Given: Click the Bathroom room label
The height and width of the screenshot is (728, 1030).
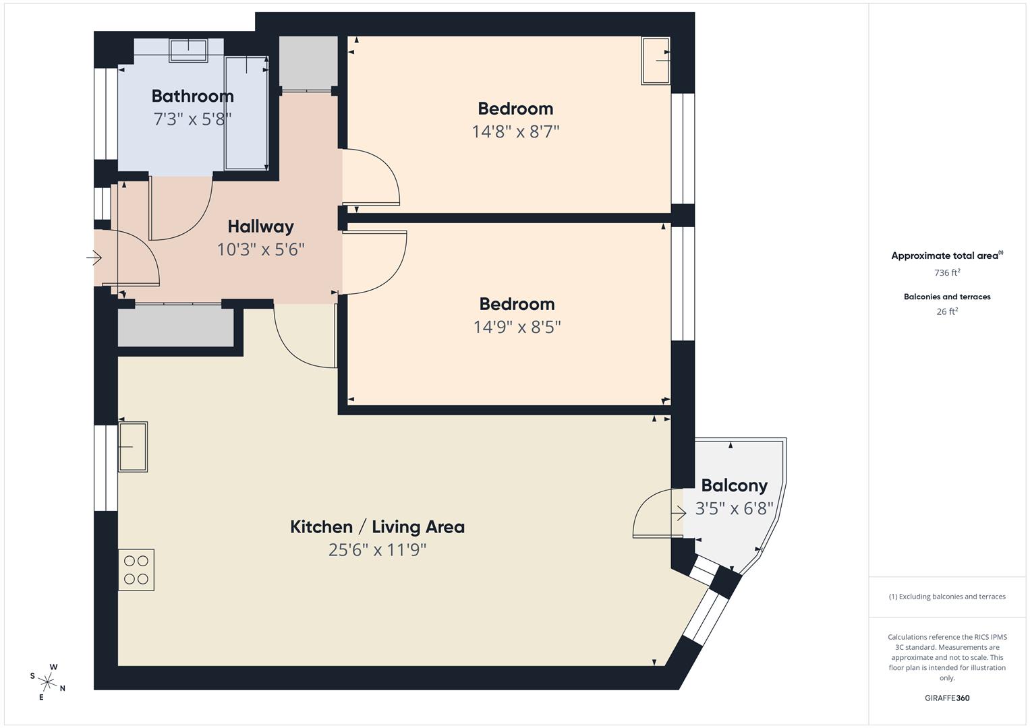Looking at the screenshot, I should click(192, 96).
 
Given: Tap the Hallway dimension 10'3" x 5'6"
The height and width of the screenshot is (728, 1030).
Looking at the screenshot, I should click(260, 249).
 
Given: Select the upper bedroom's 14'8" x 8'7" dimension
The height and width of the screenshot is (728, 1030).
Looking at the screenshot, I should click(515, 131).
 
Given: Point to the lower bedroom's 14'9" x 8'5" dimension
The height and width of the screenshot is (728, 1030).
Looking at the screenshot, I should click(517, 327).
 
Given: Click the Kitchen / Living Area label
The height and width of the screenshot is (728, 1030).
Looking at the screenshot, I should click(377, 526).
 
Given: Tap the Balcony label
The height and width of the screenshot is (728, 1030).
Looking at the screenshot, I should click(734, 485).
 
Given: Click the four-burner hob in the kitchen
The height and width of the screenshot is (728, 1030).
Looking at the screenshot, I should click(136, 570).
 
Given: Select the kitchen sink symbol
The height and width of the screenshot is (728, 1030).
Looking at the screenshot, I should click(133, 446).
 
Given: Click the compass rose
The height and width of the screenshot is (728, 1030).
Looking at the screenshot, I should click(47, 681).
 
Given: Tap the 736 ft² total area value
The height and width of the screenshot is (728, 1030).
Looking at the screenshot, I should click(947, 273).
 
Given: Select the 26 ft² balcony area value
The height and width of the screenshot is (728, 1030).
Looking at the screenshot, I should click(947, 311).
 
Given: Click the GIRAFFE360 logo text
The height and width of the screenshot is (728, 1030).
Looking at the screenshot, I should click(947, 698).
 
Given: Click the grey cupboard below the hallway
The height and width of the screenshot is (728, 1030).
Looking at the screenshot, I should click(175, 327).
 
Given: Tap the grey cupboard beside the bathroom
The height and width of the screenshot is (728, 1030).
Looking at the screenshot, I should click(308, 61).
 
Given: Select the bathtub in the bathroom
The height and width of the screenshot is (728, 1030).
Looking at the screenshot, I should click(246, 113).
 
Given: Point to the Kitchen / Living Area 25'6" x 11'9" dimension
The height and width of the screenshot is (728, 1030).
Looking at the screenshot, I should click(377, 550).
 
